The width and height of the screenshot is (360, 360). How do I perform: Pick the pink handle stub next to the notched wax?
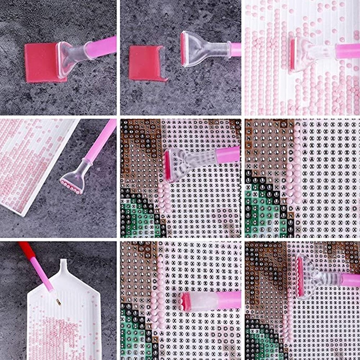pos(236,50)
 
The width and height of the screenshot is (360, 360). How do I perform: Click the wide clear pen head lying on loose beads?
pos(306,54)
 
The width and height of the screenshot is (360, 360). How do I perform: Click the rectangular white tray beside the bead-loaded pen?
pos(32,162)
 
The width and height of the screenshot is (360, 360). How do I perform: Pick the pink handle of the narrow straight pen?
pos(229,300)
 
